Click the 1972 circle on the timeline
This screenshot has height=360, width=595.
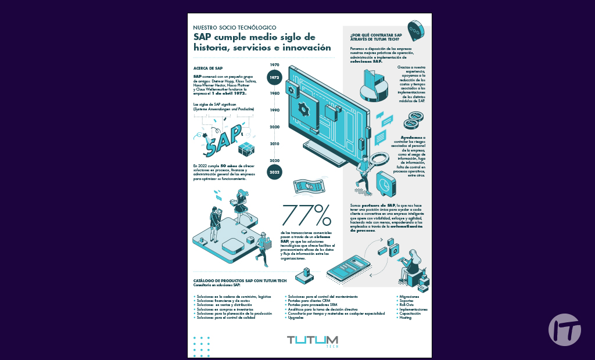275,77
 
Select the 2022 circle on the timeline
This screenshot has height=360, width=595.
275,172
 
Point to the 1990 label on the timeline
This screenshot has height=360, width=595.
275,110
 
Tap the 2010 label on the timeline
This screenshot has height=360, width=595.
275,143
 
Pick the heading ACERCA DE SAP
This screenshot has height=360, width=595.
207,69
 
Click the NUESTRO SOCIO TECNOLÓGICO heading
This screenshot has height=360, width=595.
234,27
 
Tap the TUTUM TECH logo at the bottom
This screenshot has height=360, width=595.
313,341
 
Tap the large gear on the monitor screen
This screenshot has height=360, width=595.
303,109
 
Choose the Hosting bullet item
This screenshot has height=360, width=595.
406,318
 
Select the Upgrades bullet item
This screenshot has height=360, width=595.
296,318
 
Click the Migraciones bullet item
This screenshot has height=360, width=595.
410,297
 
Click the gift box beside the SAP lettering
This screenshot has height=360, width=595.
246,149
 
